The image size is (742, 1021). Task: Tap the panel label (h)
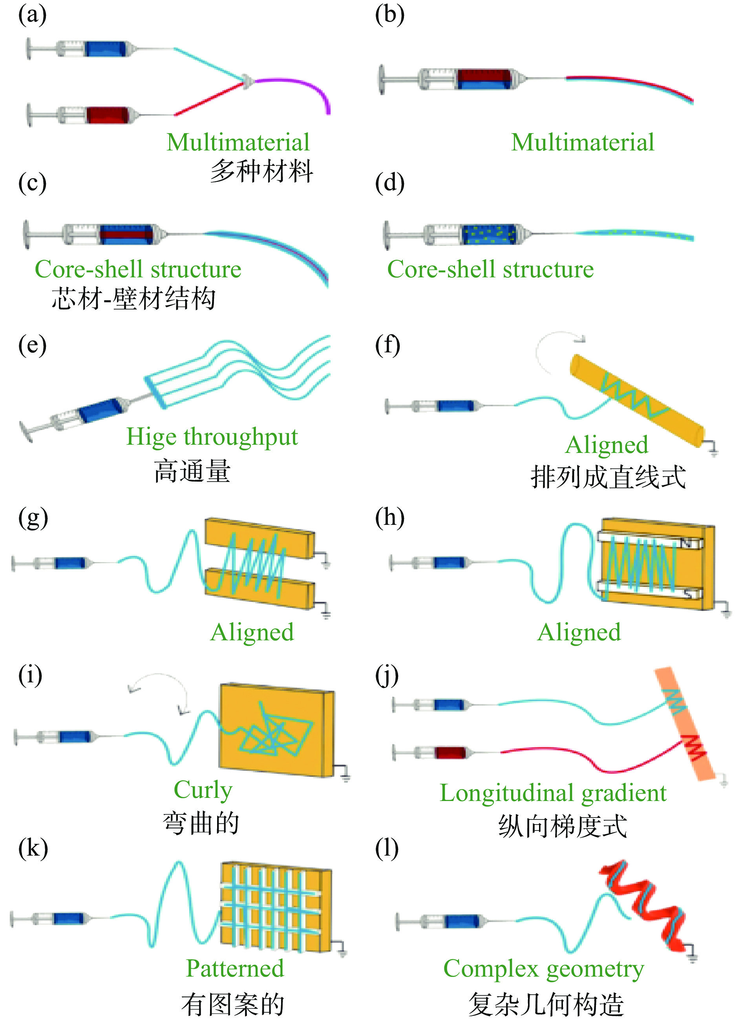(x=390, y=518)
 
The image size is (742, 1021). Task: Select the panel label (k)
(x=33, y=848)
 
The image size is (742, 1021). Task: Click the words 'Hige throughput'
(x=212, y=437)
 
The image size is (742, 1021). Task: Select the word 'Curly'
(x=203, y=790)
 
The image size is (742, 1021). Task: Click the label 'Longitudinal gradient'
(x=552, y=793)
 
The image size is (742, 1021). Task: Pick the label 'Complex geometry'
(x=544, y=969)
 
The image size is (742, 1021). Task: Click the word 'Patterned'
(x=235, y=969)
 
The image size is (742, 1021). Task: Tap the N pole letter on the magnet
(x=686, y=543)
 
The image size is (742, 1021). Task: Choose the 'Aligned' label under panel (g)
(x=252, y=632)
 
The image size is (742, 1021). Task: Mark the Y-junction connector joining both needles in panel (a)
(x=247, y=81)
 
